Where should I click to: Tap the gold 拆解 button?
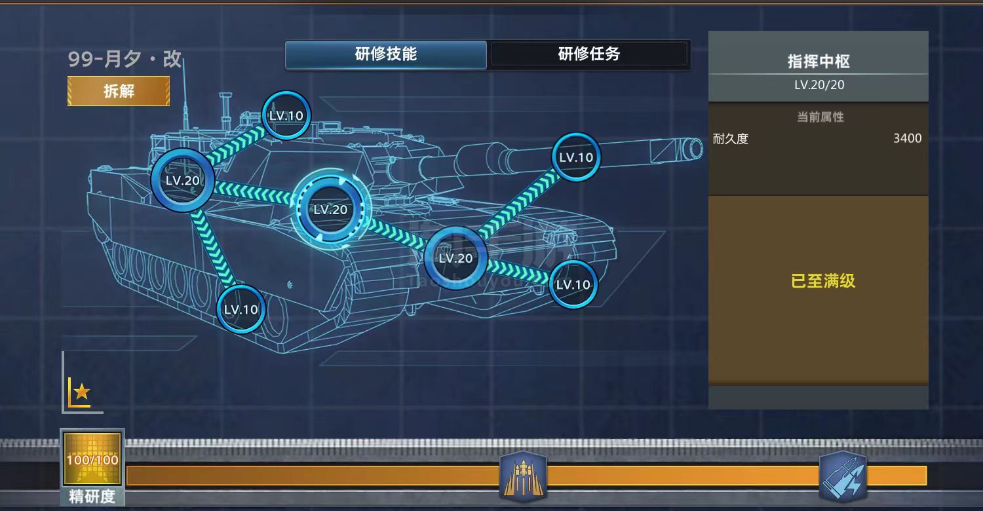119,91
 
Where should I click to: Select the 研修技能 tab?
386,54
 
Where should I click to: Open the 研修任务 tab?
589,54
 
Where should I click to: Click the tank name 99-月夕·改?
125,59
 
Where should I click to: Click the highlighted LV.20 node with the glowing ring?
330,210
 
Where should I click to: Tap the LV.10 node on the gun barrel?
576,157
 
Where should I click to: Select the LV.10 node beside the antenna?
286,115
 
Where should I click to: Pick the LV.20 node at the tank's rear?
182,180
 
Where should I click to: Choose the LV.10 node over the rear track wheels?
241,309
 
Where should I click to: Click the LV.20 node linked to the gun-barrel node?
455,258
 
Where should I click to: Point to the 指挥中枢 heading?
819,62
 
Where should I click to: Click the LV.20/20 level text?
819,85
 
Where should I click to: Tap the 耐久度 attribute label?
731,139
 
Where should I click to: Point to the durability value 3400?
907,138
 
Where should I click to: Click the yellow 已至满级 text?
823,282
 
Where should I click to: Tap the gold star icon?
81,392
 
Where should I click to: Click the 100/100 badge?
92,460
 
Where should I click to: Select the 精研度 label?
92,497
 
